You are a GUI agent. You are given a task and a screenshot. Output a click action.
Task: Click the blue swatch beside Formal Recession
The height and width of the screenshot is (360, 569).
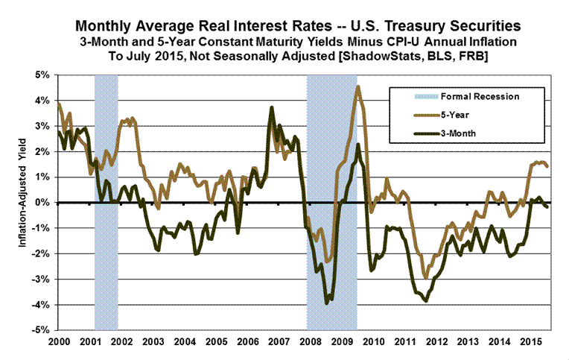click(x=405, y=95)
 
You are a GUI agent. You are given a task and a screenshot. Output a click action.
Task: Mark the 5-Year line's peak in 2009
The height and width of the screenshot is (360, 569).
click(x=358, y=86)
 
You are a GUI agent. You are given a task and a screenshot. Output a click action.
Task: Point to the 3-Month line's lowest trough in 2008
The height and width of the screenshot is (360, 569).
click(x=326, y=303)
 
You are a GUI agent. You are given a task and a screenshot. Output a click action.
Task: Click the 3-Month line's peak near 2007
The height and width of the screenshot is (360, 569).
click(x=271, y=108)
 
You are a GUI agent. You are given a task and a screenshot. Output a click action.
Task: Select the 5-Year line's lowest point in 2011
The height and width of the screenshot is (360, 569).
click(x=425, y=278)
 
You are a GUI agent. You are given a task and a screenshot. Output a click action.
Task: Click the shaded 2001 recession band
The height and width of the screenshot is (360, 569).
click(x=106, y=224)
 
